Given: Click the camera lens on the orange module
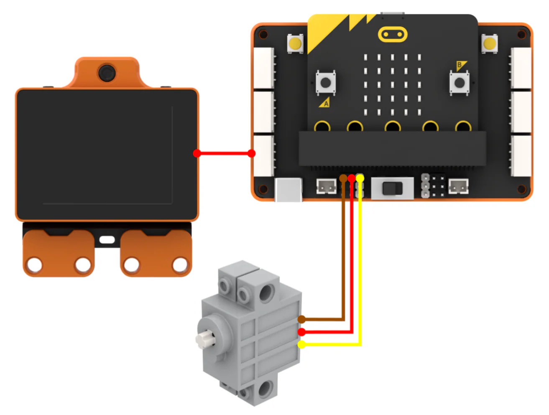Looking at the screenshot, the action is [107, 73].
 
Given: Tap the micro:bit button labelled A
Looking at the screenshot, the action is [325, 83].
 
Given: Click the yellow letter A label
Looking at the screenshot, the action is [324, 103].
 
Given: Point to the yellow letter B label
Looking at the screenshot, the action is [460, 66].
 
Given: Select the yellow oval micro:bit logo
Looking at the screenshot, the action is [393, 34].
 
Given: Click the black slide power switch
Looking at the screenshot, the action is [392, 188].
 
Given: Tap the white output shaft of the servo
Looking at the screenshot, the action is [204, 339].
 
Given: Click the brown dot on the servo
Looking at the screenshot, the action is [301, 319].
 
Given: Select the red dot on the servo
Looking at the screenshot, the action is [301, 332].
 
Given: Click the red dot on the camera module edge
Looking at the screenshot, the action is [197, 153].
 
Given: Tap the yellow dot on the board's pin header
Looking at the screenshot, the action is [360, 178].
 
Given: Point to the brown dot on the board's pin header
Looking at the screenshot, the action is [343, 178].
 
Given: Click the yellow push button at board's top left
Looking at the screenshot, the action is [295, 43].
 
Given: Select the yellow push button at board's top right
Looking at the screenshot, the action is [490, 43].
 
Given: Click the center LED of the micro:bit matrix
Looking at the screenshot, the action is [392, 85].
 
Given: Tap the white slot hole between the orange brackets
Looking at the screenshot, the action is [107, 240].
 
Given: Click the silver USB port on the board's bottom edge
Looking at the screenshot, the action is [289, 190].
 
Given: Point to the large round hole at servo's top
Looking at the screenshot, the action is [267, 292].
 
